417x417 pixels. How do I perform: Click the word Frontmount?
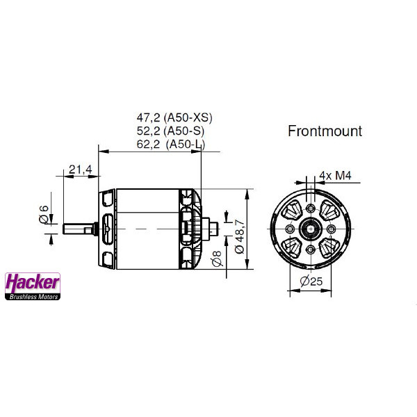[x=325, y=131]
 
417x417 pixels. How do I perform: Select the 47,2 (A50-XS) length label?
[x=174, y=118]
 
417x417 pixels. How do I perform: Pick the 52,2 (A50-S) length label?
[x=170, y=131]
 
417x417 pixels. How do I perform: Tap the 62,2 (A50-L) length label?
[x=171, y=144]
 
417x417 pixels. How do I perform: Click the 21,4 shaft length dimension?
[x=81, y=170]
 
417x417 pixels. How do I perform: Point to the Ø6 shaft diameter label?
[x=44, y=214]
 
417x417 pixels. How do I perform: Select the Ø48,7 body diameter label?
[x=240, y=236]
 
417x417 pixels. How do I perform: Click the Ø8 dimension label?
[x=218, y=258]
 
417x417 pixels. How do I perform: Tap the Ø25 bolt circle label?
[x=311, y=281]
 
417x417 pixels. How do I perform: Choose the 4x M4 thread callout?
[x=335, y=176]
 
